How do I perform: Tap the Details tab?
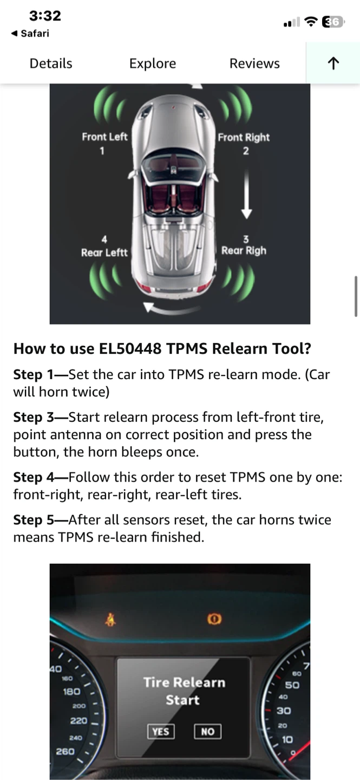click(51, 63)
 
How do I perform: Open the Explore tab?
click(153, 64)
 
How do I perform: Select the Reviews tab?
click(254, 63)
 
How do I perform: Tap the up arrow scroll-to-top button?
click(333, 63)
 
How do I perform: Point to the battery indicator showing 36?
click(333, 22)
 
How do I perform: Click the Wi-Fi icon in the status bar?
click(310, 22)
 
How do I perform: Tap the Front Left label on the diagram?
click(104, 137)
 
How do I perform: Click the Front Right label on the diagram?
click(244, 137)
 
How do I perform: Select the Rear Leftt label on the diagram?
click(104, 252)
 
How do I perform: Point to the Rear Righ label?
click(244, 251)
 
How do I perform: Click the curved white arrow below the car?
click(172, 309)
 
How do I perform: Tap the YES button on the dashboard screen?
click(160, 731)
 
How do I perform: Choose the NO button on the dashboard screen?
click(207, 731)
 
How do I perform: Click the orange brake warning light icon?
click(214, 619)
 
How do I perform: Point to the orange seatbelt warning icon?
click(110, 619)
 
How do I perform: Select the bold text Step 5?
click(34, 520)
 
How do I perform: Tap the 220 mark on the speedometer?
click(78, 720)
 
